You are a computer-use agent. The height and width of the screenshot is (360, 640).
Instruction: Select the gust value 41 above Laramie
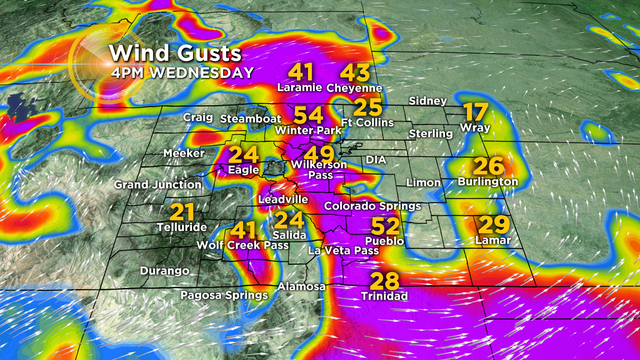[x=302, y=72]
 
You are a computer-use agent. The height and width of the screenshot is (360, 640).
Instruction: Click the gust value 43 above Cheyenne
[x=355, y=72]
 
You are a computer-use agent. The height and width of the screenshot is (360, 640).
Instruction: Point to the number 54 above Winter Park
[x=307, y=115]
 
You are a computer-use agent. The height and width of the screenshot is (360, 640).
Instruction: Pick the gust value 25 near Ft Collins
[x=368, y=107]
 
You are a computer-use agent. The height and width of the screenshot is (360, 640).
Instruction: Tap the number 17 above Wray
[x=476, y=112]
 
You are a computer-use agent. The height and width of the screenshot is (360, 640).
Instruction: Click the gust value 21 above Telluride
[x=182, y=212]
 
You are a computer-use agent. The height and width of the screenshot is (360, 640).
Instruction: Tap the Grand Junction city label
[x=151, y=185]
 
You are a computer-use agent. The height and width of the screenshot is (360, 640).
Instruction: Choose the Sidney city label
[x=428, y=101]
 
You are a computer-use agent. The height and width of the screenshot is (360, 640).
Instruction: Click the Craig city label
[x=198, y=118]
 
